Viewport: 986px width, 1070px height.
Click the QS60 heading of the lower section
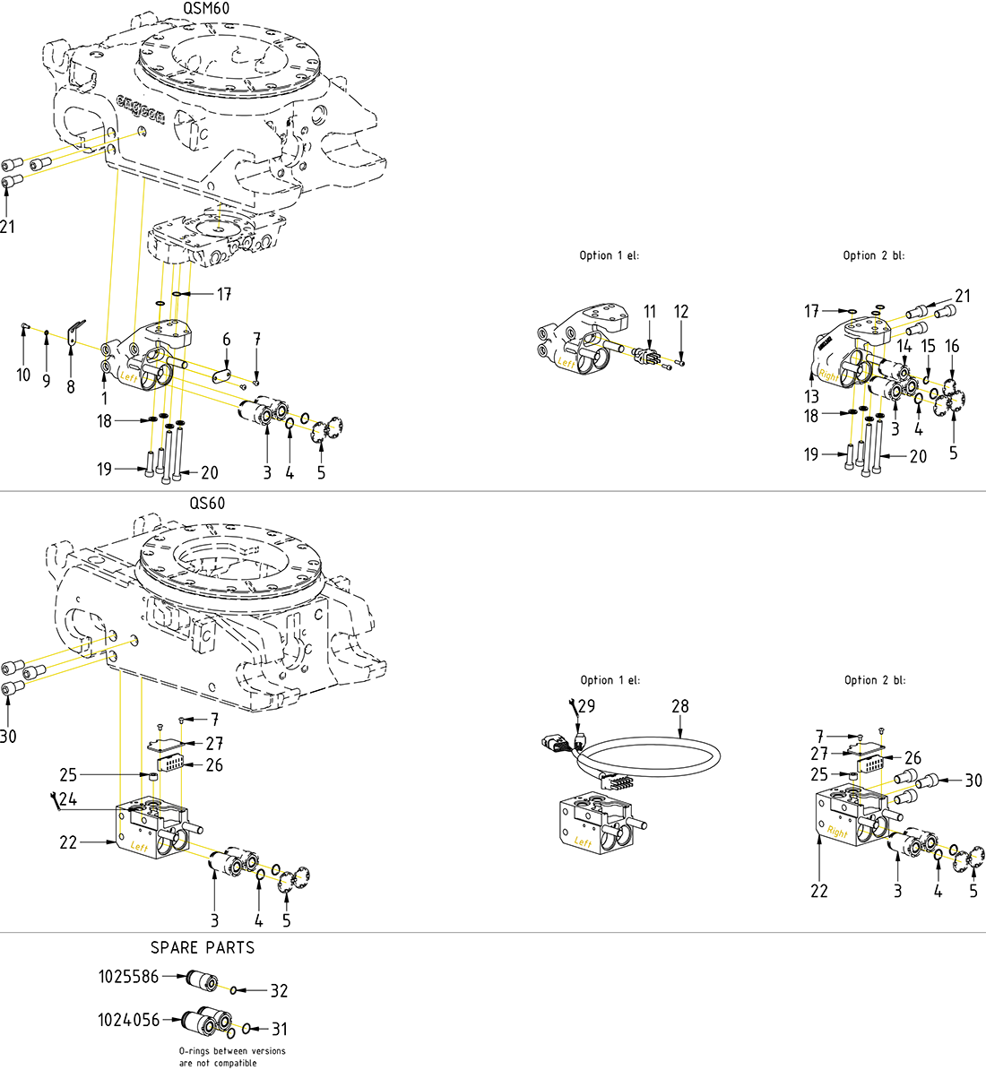(207, 504)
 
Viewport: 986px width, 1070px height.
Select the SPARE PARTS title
(203, 947)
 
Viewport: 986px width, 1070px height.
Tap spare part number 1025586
(128, 977)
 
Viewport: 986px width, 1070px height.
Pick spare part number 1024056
(128, 1020)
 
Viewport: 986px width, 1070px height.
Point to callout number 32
(279, 991)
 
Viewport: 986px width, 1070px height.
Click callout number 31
(279, 1030)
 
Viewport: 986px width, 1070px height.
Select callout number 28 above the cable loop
(680, 707)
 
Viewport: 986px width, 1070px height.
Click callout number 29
(586, 707)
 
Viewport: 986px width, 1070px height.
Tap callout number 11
(650, 312)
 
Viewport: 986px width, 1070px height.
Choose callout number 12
(681, 312)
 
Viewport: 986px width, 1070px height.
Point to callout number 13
(812, 396)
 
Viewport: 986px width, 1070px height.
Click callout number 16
(952, 346)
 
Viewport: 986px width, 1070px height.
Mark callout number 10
(23, 375)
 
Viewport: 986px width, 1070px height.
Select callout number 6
(227, 340)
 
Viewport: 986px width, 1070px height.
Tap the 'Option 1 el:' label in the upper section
(610, 255)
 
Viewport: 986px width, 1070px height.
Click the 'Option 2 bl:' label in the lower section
(874, 680)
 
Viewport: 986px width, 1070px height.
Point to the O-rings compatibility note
(232, 1057)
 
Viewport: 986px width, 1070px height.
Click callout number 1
(104, 397)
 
